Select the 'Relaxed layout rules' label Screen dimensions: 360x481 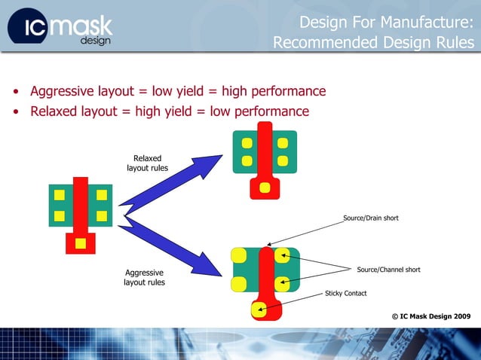click(x=147, y=163)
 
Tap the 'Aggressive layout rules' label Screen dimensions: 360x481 click(x=144, y=277)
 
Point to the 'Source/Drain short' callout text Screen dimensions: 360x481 click(x=370, y=218)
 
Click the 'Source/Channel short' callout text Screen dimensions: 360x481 click(x=388, y=270)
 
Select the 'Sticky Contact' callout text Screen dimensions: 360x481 click(x=345, y=293)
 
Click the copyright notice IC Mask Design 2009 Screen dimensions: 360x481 click(x=430, y=316)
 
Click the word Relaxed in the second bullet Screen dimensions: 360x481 click(x=55, y=111)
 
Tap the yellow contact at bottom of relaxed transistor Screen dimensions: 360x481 click(x=265, y=187)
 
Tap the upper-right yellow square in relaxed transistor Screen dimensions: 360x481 click(x=283, y=142)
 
